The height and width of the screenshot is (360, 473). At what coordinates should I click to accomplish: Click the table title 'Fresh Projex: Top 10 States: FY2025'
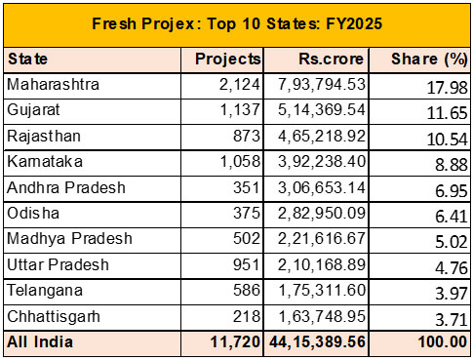click(237, 23)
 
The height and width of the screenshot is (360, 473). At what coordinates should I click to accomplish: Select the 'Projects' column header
click(228, 60)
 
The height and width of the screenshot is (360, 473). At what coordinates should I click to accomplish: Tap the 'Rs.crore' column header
click(331, 59)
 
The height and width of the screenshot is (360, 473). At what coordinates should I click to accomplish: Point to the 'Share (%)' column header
click(429, 60)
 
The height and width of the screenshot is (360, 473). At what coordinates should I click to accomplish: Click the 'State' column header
click(27, 60)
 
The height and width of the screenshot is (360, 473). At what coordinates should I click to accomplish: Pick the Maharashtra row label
click(53, 85)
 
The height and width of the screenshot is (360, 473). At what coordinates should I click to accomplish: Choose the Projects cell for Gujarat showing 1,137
click(240, 109)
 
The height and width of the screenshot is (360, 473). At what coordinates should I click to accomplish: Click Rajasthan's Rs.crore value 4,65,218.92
click(322, 136)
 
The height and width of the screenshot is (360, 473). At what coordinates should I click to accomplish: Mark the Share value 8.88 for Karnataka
click(452, 165)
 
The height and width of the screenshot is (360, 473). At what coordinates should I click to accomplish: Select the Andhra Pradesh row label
click(66, 187)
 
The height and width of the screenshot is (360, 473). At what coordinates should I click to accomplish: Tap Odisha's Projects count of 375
click(247, 214)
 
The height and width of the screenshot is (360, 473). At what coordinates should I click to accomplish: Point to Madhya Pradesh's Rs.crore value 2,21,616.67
click(322, 238)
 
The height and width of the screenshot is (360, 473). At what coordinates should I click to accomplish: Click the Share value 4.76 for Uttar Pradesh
click(452, 268)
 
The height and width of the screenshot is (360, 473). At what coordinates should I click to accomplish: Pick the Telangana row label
click(45, 291)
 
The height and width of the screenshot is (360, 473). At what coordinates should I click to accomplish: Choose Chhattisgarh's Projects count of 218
click(247, 316)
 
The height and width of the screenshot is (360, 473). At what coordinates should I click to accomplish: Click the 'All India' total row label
click(40, 341)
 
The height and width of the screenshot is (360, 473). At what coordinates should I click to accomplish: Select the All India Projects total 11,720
click(235, 342)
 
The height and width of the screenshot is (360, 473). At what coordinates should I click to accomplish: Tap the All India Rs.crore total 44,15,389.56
click(318, 342)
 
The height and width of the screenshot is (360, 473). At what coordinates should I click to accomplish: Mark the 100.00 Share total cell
click(443, 342)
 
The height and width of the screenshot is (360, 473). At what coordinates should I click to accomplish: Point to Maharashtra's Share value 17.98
click(448, 88)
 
